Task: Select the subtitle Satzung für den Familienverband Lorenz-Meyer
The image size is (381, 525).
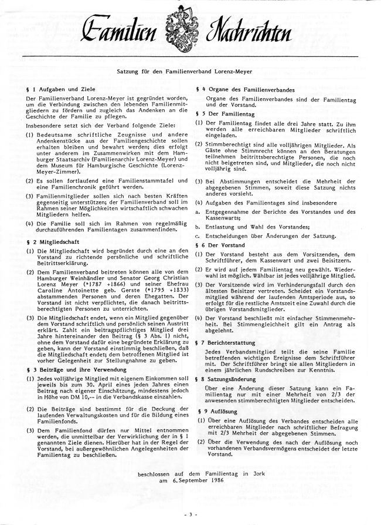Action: coord(191,69)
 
